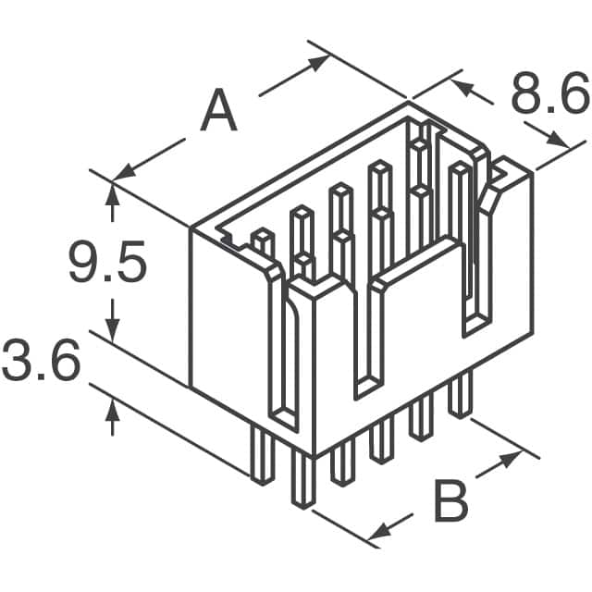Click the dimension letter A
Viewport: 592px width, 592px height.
[x=219, y=113]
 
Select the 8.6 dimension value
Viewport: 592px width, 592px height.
[x=549, y=96]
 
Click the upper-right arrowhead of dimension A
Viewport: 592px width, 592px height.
[x=318, y=62]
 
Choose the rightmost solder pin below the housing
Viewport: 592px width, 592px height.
[x=459, y=396]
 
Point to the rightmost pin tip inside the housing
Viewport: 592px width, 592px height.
[x=459, y=169]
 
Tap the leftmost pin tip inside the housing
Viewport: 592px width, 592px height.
[x=262, y=237]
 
